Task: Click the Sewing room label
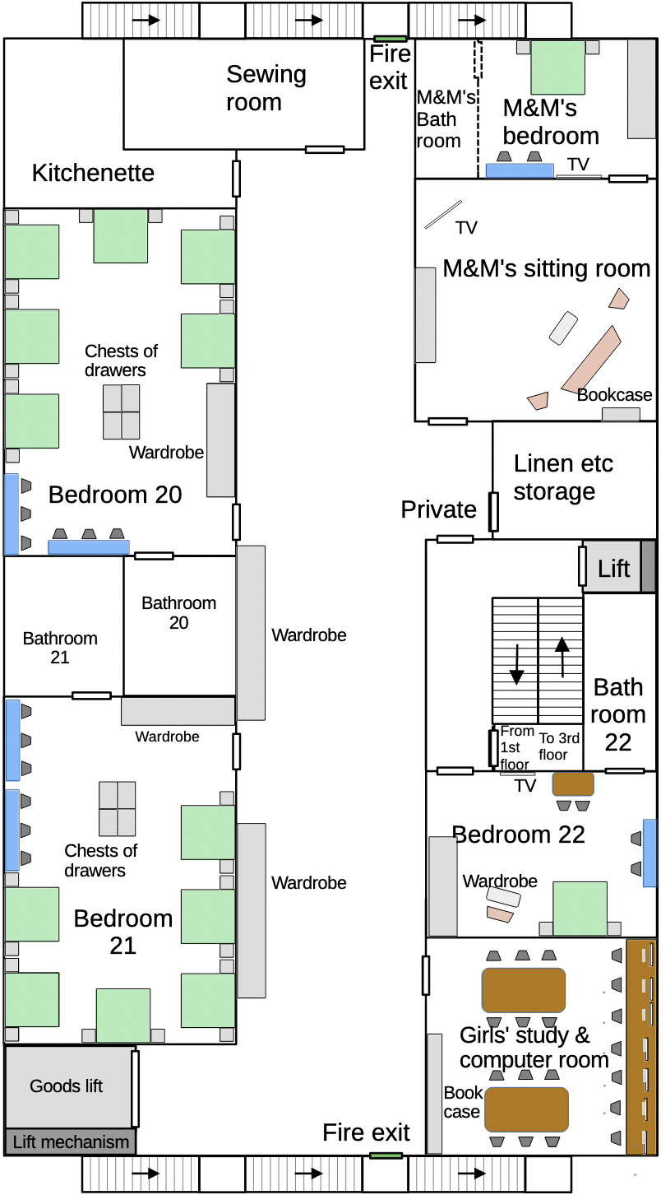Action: pyautogui.click(x=266, y=88)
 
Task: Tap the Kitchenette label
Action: pyautogui.click(x=93, y=173)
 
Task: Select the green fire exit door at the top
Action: pyautogui.click(x=389, y=39)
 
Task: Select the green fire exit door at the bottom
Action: pyautogui.click(x=386, y=1155)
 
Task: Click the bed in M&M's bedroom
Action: pyautogui.click(x=557, y=67)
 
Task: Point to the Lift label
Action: pyautogui.click(x=614, y=568)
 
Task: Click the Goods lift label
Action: pyautogui.click(x=66, y=1086)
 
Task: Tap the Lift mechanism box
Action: pyautogui.click(x=70, y=1142)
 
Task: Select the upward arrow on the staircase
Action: pyautogui.click(x=562, y=657)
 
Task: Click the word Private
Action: pyautogui.click(x=438, y=509)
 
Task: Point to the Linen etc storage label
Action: pyautogui.click(x=563, y=477)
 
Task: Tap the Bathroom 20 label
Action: pyautogui.click(x=178, y=612)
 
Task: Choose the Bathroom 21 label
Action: pyautogui.click(x=60, y=648)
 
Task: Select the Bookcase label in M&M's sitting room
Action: pyautogui.click(x=614, y=395)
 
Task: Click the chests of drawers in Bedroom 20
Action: pyautogui.click(x=122, y=412)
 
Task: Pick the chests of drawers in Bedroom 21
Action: pyautogui.click(x=117, y=808)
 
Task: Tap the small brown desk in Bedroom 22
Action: pyautogui.click(x=572, y=783)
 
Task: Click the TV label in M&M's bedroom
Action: pyautogui.click(x=578, y=164)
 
